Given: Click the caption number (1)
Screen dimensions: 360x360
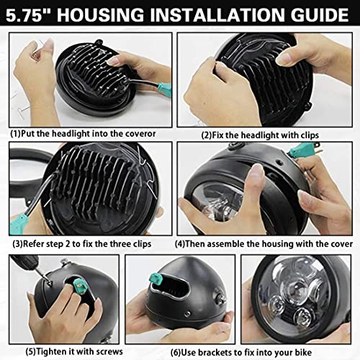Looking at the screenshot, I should point(17,133).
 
